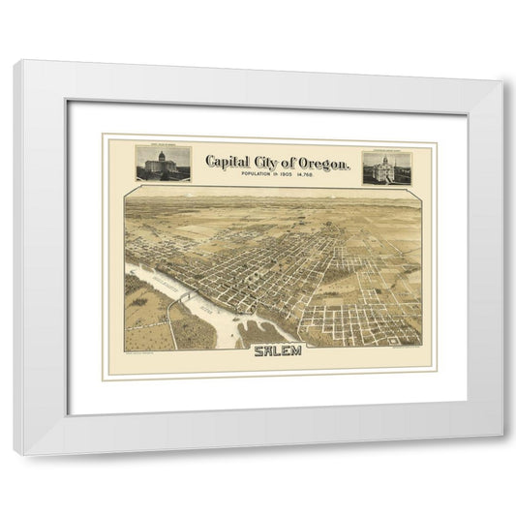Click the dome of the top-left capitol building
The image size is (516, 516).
coord(159,156)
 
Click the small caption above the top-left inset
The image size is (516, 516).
coord(159,145)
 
